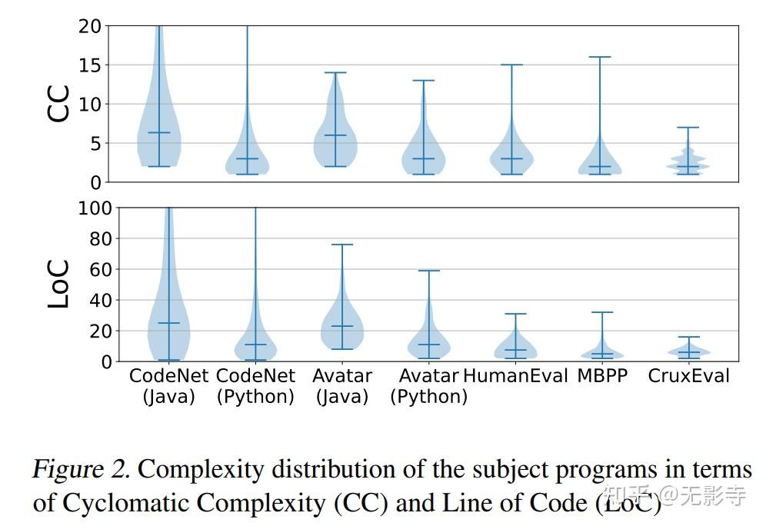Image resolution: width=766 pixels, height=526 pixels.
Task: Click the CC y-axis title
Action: point(59,103)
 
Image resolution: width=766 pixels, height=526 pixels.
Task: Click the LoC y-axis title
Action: point(59,284)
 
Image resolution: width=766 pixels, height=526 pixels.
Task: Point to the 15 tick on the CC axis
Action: point(89,65)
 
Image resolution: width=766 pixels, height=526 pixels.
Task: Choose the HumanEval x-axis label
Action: point(515,376)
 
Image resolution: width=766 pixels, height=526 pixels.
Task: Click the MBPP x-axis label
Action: point(602,376)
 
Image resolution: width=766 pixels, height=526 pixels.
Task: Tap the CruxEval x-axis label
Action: point(688,376)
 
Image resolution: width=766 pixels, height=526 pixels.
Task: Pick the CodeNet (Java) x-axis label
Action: point(169,386)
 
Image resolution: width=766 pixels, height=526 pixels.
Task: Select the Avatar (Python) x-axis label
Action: point(428,386)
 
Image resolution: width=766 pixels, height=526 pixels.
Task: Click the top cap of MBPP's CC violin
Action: point(600,57)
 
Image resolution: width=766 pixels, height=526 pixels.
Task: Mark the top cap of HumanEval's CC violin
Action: point(511,65)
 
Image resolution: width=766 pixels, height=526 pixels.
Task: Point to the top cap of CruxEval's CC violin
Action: point(688,127)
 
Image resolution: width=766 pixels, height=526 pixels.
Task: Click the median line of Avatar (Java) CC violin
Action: point(335,135)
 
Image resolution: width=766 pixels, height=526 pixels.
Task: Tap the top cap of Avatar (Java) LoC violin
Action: point(341,245)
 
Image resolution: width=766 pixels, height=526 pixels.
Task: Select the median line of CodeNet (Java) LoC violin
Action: point(168,323)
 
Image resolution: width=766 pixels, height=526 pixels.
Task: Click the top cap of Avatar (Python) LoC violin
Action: point(428,271)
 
